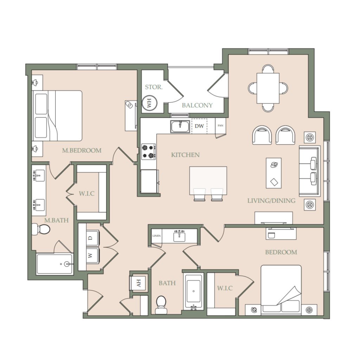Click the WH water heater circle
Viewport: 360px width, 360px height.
click(x=150, y=103)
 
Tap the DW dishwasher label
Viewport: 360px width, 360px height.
click(x=199, y=126)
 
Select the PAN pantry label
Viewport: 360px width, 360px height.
click(x=220, y=126)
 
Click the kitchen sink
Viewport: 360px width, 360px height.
click(x=180, y=127)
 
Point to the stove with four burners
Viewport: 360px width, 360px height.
click(x=148, y=152)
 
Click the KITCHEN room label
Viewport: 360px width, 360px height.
click(x=185, y=155)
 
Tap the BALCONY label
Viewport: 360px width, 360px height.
click(x=197, y=105)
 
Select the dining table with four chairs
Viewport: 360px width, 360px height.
click(x=268, y=88)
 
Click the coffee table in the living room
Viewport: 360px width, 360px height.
click(x=274, y=173)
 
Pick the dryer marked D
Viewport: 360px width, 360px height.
click(x=92, y=238)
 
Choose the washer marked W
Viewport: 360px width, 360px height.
click(x=92, y=256)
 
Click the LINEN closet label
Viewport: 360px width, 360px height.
click(x=156, y=236)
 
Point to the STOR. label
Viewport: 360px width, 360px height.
click(x=154, y=87)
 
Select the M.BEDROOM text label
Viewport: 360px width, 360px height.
click(x=82, y=150)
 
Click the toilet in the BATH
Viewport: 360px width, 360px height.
click(x=161, y=305)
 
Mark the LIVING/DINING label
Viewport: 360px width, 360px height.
click(x=271, y=201)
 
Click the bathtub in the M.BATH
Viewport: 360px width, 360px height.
click(x=54, y=264)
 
